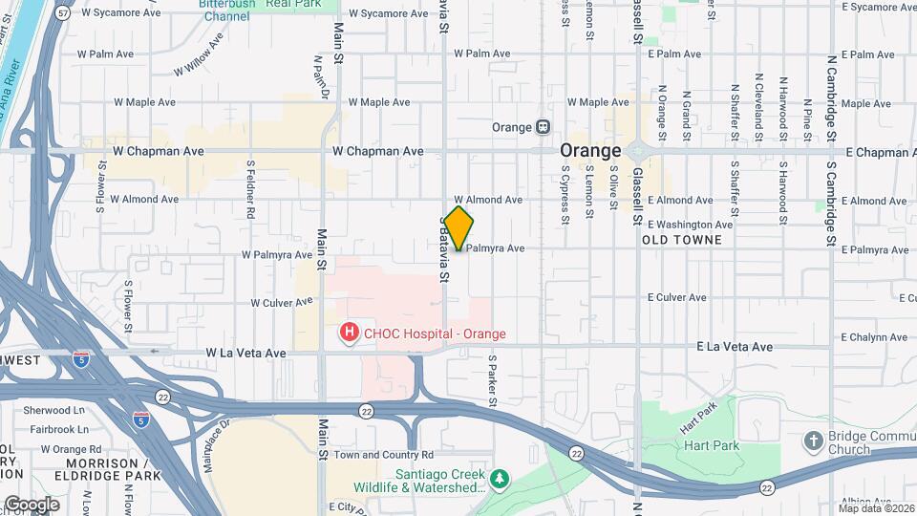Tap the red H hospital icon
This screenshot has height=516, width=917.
coord(351,333)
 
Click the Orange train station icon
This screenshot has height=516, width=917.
coord(543,127)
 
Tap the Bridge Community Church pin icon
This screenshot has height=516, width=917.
coord(813,441)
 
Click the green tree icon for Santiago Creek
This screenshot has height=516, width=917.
coord(498,477)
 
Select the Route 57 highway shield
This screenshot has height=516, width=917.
coord(63,13)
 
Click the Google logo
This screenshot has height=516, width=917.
coord(31,504)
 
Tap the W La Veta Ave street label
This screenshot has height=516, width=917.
coord(245,353)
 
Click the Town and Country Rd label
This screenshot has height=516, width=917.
coord(384,455)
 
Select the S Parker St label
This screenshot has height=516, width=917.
coord(493,380)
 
